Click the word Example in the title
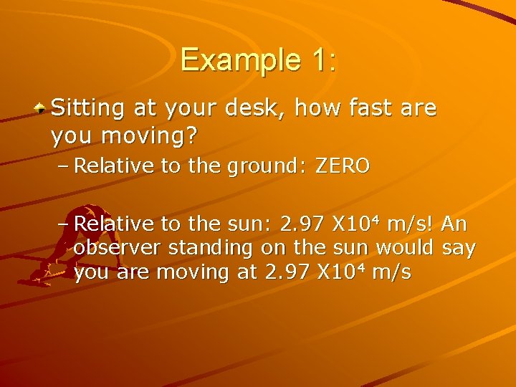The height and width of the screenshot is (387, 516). coord(232,59)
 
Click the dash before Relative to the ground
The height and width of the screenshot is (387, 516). coord(62,167)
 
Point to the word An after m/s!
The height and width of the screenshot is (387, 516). coord(454,224)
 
